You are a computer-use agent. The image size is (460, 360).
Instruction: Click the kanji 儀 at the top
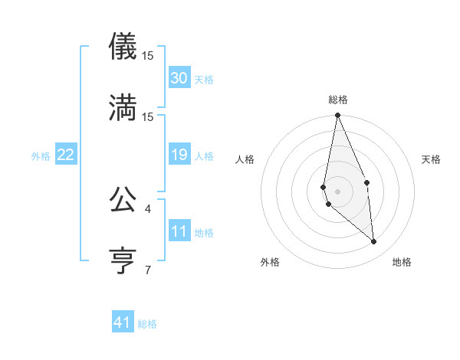(123, 47)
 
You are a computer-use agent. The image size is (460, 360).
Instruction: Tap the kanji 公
(123, 199)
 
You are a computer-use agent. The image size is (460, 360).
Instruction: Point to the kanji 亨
(123, 260)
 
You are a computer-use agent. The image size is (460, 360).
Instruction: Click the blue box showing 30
(179, 78)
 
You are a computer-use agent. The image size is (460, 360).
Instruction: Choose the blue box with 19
(179, 155)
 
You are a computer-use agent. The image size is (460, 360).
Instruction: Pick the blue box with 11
(179, 232)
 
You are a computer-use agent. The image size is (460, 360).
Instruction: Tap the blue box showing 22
(65, 155)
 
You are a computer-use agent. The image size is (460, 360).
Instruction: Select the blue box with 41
(123, 323)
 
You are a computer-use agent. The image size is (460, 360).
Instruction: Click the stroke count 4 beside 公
(148, 208)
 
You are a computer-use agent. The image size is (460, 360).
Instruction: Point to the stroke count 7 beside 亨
(148, 269)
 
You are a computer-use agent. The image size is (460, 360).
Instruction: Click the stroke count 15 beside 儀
(148, 56)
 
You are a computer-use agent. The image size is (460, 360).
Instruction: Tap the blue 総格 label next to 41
(147, 324)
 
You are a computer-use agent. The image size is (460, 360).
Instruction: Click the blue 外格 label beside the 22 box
(41, 156)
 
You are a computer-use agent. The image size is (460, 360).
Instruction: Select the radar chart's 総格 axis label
(338, 100)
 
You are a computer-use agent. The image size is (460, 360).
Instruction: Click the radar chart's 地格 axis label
(402, 263)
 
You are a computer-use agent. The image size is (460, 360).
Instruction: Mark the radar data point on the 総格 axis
(337, 116)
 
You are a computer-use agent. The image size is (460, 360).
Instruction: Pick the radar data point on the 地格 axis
(374, 241)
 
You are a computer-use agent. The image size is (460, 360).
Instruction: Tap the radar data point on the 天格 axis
(366, 182)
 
